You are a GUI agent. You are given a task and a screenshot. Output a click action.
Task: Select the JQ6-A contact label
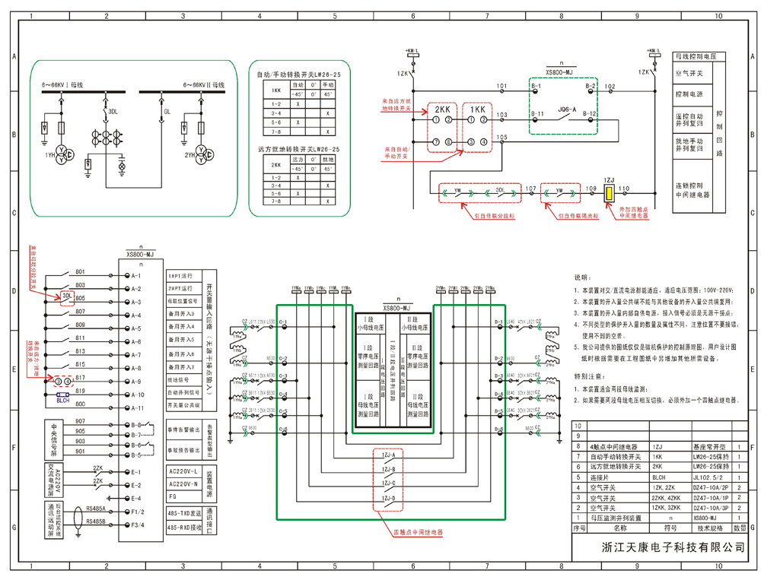point(568,109)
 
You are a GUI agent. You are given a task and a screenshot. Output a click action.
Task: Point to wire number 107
point(530,188)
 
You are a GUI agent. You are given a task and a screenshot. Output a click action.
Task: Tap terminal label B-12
point(591,114)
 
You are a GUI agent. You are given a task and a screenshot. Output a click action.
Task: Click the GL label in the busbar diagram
point(167,112)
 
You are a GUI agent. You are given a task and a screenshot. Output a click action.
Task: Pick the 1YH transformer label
point(49,155)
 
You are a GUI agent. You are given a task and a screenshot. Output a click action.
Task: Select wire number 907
point(80,421)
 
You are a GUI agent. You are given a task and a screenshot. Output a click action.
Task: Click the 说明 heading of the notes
point(581,279)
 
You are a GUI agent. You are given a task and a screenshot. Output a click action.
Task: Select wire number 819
point(80,391)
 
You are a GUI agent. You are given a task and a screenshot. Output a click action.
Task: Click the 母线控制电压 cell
point(701,57)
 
